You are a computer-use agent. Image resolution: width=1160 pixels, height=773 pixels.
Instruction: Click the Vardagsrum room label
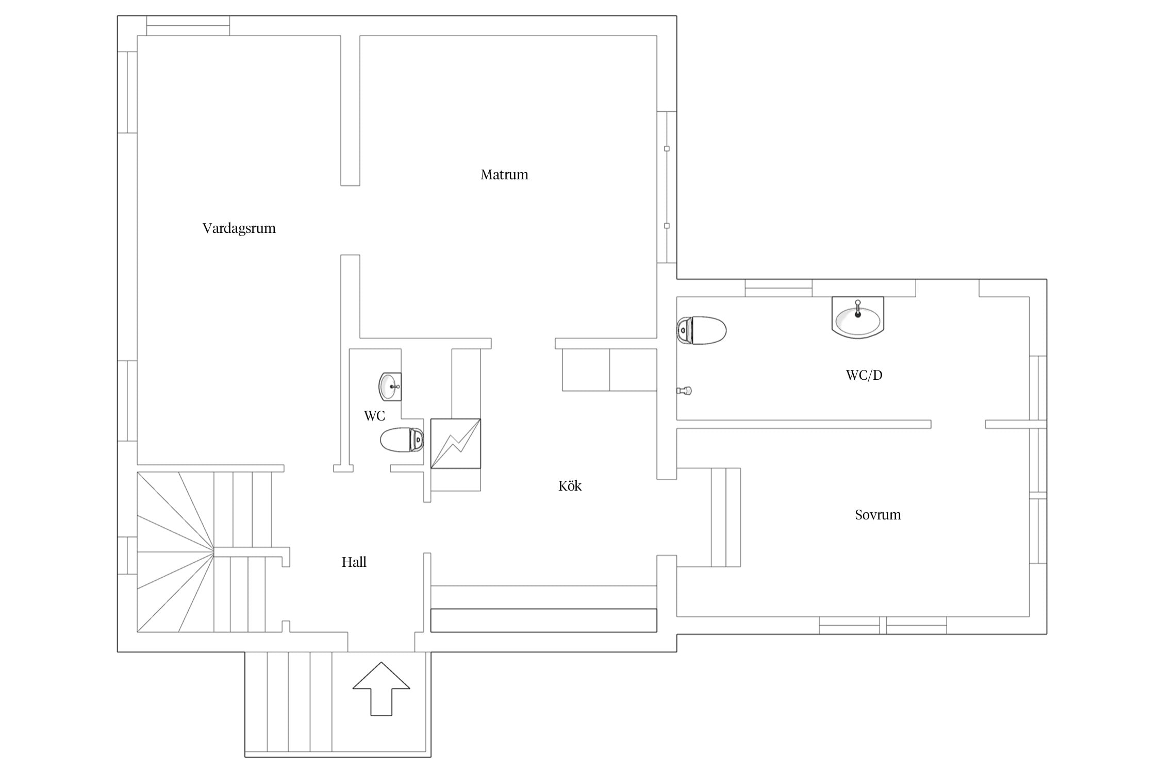pos(239,228)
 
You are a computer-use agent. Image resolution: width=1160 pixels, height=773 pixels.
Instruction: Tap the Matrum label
pos(504,175)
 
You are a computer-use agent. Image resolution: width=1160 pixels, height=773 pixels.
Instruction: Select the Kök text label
pos(570,486)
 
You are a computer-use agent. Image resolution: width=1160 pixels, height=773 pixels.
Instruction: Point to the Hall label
pos(354,562)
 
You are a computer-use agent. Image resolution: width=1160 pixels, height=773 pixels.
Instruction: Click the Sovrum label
pos(878,515)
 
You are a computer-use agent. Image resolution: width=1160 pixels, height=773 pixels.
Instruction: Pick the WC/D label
pos(864,375)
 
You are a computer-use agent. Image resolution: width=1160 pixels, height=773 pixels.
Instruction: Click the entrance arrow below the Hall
pos(381,688)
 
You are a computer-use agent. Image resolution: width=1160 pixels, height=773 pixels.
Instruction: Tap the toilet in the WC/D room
pos(701,330)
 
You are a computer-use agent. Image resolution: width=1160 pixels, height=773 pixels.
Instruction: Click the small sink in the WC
pos(390,386)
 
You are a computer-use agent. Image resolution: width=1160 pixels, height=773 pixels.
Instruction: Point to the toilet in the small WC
pos(402,440)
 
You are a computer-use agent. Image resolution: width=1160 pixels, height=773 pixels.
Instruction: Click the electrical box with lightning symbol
pos(456,444)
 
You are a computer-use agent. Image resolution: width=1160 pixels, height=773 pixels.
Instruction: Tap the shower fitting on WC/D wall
pos(684,391)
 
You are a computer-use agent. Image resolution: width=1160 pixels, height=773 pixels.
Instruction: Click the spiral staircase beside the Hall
pos(204,552)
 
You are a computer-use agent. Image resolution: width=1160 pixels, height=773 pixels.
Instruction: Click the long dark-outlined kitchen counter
pos(544,620)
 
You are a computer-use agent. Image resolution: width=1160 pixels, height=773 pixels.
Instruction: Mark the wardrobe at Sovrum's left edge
pos(726,517)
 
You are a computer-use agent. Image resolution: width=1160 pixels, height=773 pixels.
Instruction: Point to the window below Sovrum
pos(883,625)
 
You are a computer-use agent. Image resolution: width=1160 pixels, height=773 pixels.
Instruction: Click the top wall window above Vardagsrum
pos(188,26)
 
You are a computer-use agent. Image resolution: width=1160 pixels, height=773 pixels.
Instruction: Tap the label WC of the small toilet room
pos(374,416)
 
